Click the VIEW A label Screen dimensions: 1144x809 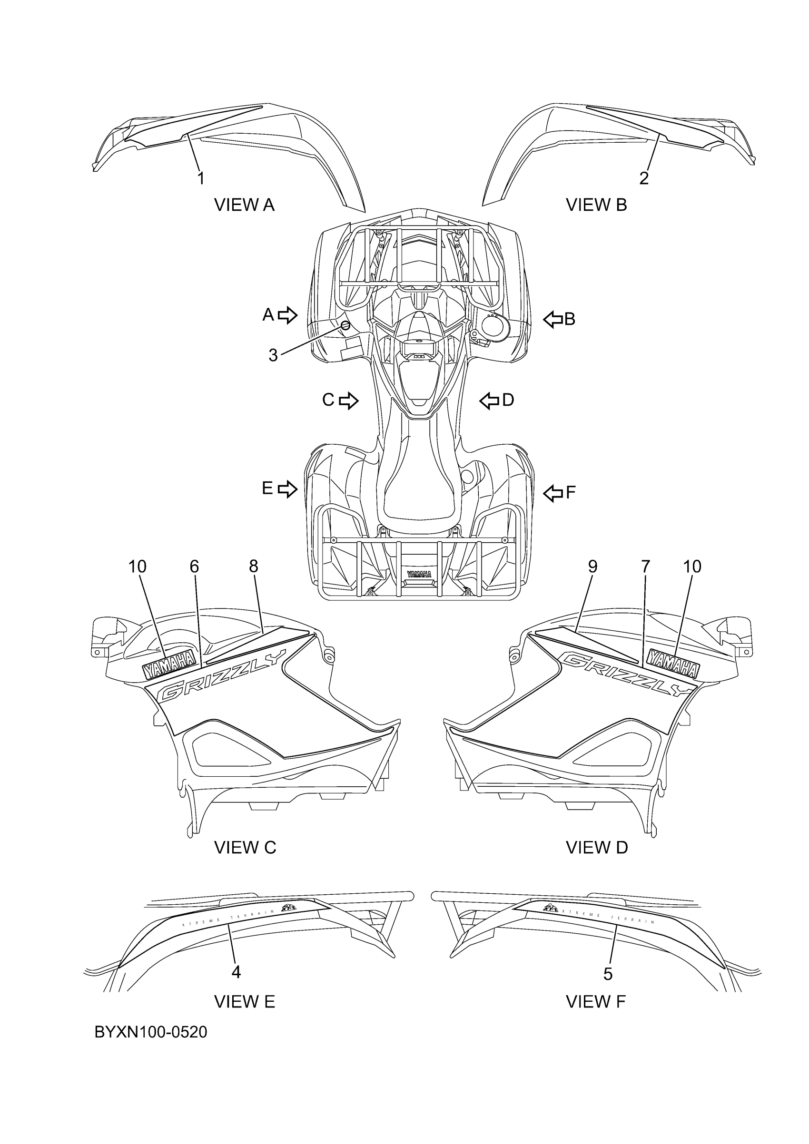(x=244, y=205)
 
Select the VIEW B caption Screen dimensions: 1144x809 (x=596, y=205)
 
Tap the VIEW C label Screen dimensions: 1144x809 (x=245, y=848)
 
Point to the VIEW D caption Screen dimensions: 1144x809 (x=597, y=848)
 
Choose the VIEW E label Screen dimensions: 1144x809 (x=244, y=1001)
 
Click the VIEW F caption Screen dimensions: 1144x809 (x=596, y=1001)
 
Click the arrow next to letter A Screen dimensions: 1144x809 (x=287, y=315)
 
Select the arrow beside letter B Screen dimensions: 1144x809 (x=553, y=319)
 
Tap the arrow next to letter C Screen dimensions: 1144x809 (x=349, y=401)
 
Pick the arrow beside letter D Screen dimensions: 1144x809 (x=490, y=401)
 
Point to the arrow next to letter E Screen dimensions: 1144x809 (x=287, y=489)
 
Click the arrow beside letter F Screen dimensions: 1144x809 (x=553, y=493)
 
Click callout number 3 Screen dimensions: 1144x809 (x=273, y=355)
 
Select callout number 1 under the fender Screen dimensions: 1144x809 (x=201, y=178)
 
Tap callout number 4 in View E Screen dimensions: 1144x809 (x=236, y=972)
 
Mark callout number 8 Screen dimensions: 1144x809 (x=254, y=567)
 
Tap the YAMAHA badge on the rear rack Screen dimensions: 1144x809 (x=419, y=575)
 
